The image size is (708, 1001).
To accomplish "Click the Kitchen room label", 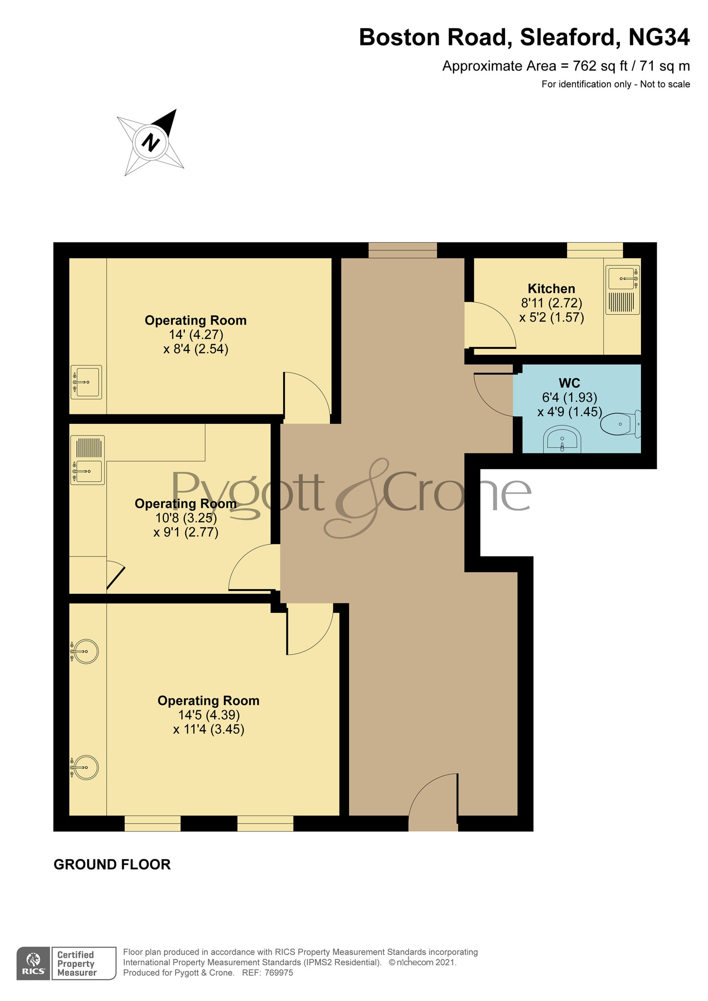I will (x=551, y=288).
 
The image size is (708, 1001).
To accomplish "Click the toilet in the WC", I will (x=620, y=424).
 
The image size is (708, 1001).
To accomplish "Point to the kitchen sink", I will (x=623, y=279).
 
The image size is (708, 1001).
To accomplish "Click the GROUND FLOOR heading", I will (x=112, y=865).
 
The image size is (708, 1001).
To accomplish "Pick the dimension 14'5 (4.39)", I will (x=209, y=715).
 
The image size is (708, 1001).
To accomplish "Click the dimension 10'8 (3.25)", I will (x=186, y=518).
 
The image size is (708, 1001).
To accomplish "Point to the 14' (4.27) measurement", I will (x=196, y=335).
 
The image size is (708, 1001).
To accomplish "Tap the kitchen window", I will (x=595, y=250).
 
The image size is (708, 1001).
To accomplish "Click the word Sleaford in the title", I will (x=567, y=38).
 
